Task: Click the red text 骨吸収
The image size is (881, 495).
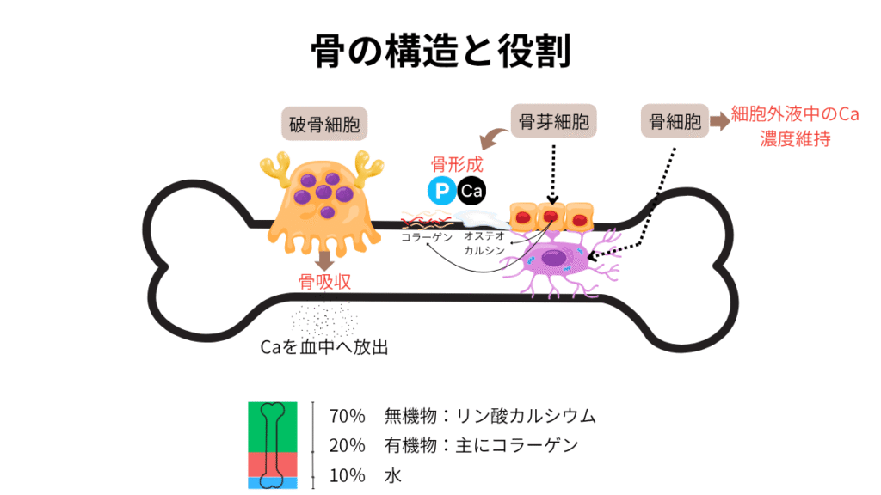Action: (x=324, y=283)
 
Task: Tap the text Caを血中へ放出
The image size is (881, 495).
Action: (x=324, y=348)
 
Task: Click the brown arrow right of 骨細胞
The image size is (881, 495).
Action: (x=718, y=122)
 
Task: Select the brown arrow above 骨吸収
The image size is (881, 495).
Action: (x=325, y=260)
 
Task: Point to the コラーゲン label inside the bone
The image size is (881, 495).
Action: (x=427, y=237)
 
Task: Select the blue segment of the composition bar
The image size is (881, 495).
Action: (x=272, y=484)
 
